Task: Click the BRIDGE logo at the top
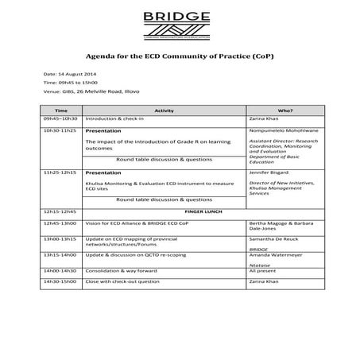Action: (180, 21)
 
